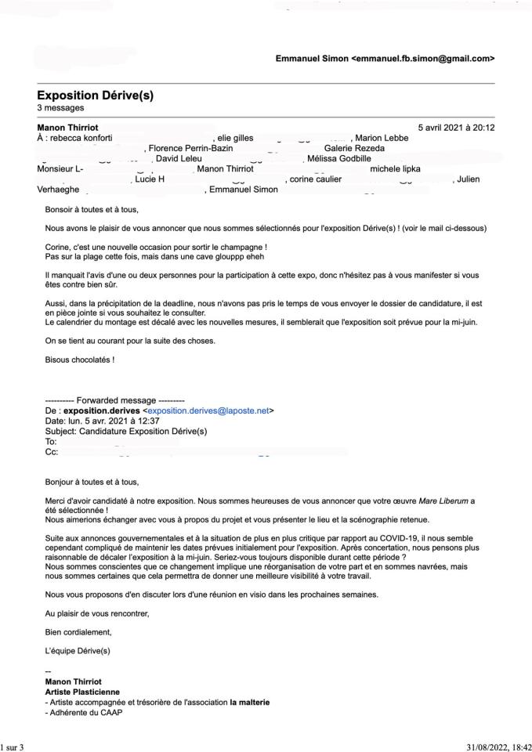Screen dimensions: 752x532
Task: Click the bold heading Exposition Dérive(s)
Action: (x=95, y=96)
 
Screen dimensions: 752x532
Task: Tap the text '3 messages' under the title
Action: (x=60, y=108)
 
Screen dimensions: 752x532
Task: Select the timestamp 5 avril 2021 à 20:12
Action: (x=456, y=128)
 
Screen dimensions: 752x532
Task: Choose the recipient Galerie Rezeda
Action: (x=354, y=148)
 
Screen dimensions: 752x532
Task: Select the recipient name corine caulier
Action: (x=314, y=179)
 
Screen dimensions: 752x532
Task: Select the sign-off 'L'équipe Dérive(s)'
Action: (x=78, y=651)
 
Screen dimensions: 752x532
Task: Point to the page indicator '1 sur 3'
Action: (x=13, y=747)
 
